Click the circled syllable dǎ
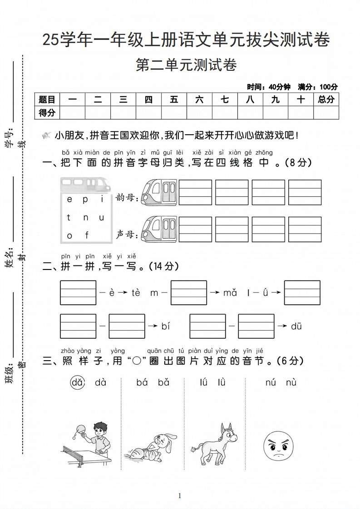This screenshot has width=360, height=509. tap(78, 382)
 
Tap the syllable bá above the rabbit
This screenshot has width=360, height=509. tap(142, 382)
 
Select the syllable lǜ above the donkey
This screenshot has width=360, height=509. tap(221, 382)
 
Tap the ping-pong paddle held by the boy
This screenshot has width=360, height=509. tap(81, 427)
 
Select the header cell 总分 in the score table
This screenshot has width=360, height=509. tap(326, 99)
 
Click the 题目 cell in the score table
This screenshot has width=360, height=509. tap(47, 99)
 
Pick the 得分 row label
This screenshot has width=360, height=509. tap(47, 112)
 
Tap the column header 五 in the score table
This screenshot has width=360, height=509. tap(174, 99)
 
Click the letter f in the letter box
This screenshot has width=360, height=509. tap(87, 235)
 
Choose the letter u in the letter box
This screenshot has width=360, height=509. tap(102, 217)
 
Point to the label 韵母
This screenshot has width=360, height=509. tap(127, 198)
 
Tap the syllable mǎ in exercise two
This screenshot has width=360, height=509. tap(230, 293)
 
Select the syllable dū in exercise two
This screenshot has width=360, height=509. tap(296, 326)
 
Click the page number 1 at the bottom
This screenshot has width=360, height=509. tap(180, 495)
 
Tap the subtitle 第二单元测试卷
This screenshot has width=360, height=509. tap(186, 65)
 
